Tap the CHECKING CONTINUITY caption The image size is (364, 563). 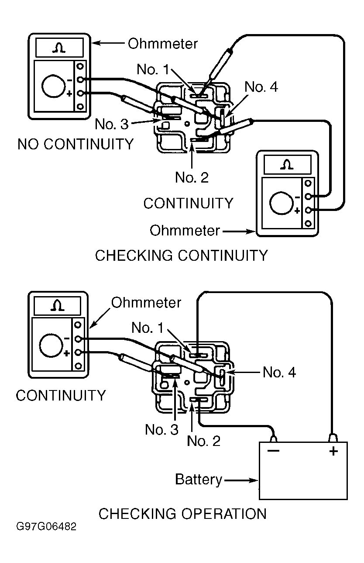coord(181,255)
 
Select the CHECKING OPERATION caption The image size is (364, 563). coord(182,514)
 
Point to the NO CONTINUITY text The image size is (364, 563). coord(76,144)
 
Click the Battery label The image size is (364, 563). coord(199,480)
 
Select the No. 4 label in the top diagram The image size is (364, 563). coord(261,87)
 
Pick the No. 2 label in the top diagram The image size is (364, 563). coord(192,177)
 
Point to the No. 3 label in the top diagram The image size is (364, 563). coord(112,124)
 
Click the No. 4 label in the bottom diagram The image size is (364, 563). coord(279,373)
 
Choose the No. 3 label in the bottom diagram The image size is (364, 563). coord(161,430)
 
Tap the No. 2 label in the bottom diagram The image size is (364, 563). coord(203,441)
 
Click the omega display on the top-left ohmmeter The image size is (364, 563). coord(60,48)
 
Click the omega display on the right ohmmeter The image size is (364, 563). coord(286,165)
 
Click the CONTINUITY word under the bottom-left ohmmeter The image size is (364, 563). coord(61,396)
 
